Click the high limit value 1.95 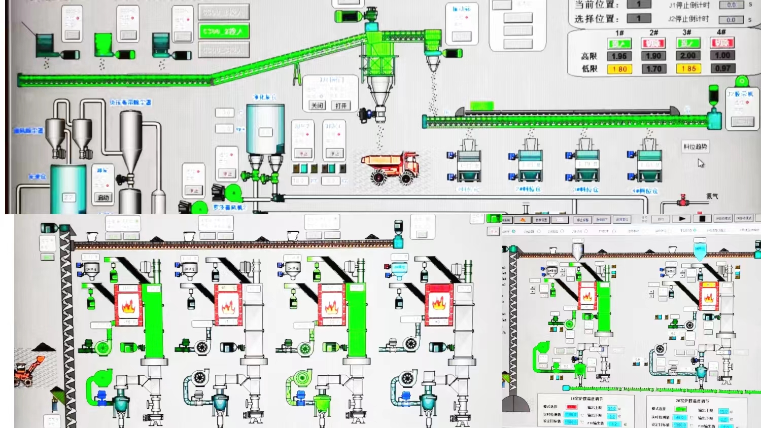click(619, 56)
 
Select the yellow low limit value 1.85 click(688, 68)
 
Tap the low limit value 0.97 click(722, 68)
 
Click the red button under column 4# click(722, 43)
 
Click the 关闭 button click(317, 105)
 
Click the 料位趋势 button click(695, 147)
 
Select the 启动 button click(103, 198)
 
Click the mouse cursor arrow click(700, 163)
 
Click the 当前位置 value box click(639, 5)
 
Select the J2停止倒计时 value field click(731, 20)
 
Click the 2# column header click(653, 32)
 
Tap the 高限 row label click(589, 56)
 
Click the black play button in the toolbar click(682, 219)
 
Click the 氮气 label click(712, 196)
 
